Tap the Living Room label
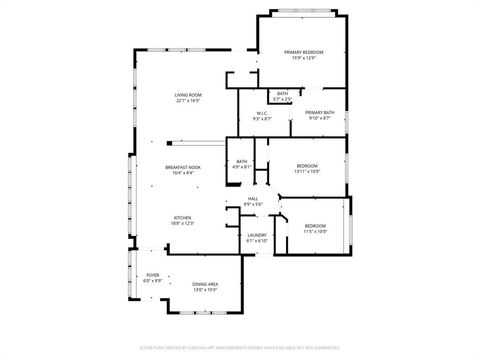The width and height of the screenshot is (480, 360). pos(188,94)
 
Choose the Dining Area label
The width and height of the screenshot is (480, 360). pos(206,284)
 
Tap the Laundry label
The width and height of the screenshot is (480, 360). pos(257,235)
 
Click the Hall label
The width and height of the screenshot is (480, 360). pos(254,199)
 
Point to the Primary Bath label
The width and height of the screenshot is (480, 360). pos(319,113)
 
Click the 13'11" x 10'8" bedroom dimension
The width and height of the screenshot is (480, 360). pos(306,171)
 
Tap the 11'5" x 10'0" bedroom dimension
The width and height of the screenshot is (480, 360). pos(315,231)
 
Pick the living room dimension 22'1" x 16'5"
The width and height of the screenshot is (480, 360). pos(188,100)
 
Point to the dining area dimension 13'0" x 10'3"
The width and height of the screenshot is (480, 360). pos(206,290)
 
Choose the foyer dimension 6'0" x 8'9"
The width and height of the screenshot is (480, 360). pos(152,280)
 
